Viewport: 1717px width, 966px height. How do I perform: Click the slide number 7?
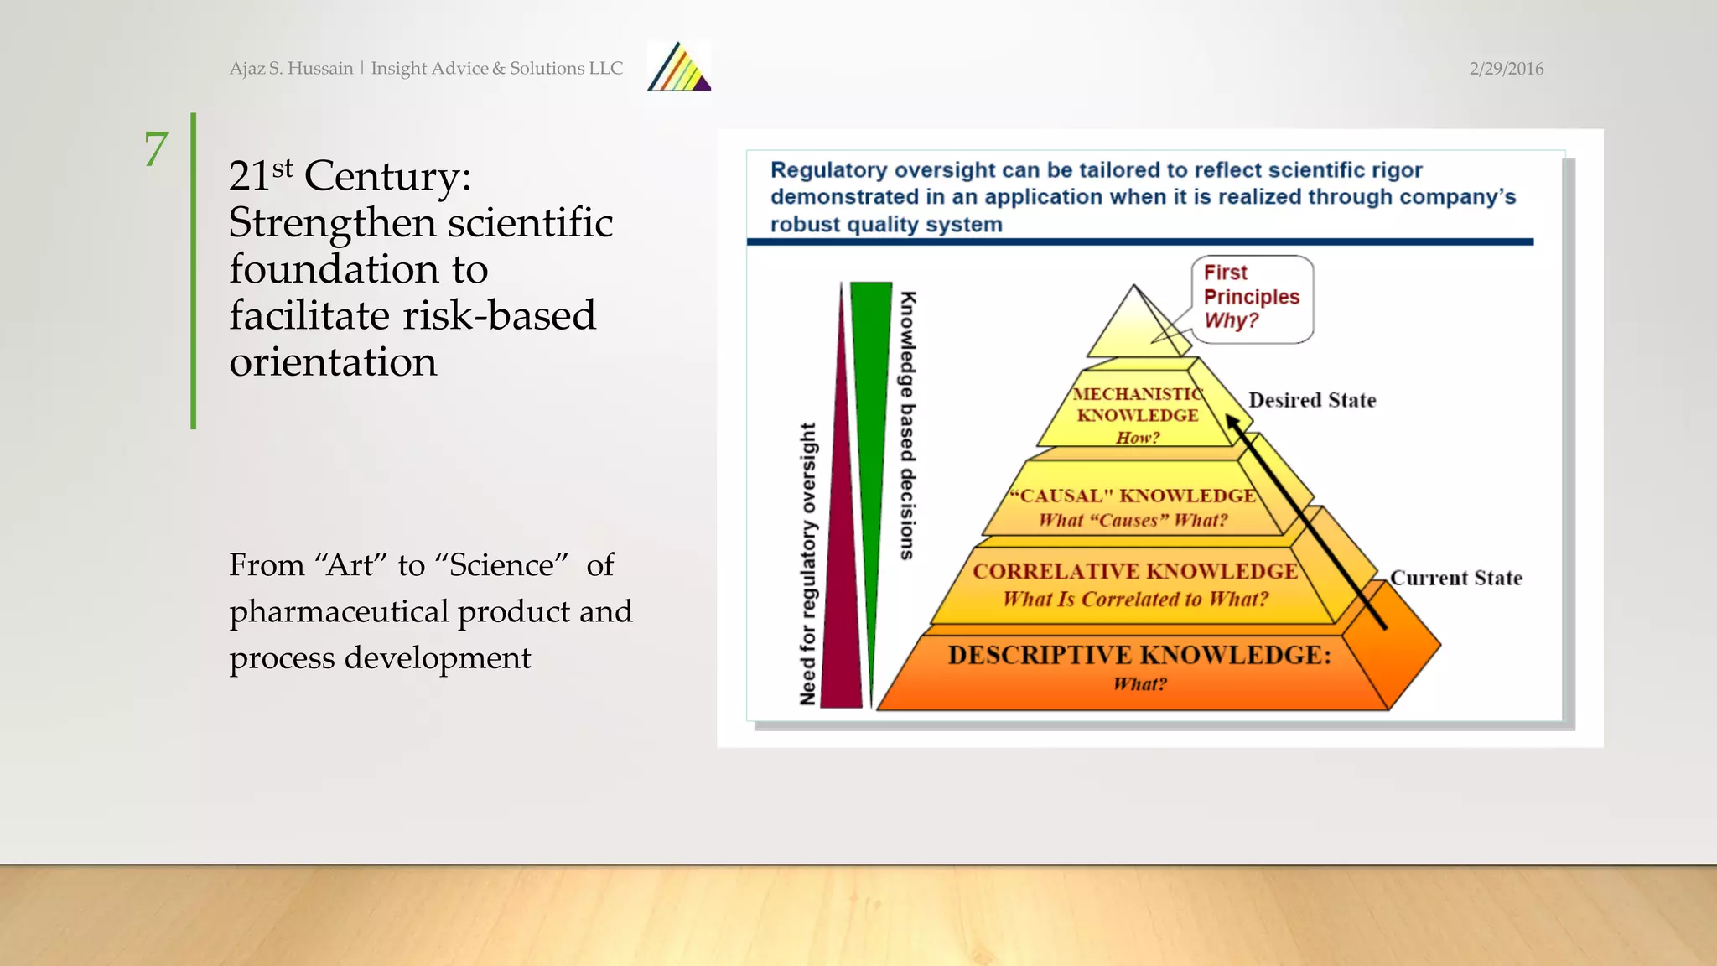(156, 149)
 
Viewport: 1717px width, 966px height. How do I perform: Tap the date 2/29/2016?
(1506, 69)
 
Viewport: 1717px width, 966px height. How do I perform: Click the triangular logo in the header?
(679, 67)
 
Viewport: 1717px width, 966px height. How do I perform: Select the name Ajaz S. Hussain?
(291, 69)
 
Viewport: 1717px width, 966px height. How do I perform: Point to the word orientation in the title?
(333, 362)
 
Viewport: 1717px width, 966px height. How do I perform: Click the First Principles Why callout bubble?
(1251, 298)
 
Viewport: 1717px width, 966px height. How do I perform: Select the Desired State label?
(1311, 400)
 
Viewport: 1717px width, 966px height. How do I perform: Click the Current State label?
(1455, 578)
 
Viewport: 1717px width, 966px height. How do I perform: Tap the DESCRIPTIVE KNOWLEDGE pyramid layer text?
(1139, 655)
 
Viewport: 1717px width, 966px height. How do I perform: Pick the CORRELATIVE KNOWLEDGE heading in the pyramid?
(1134, 571)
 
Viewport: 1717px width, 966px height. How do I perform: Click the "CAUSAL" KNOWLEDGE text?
(1133, 496)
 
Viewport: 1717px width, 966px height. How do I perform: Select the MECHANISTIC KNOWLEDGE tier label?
(1137, 404)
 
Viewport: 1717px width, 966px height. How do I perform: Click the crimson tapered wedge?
(842, 587)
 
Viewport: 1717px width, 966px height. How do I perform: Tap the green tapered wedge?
(870, 419)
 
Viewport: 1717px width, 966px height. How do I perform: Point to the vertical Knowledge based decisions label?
(907, 425)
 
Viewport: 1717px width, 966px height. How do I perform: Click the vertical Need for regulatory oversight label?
(807, 563)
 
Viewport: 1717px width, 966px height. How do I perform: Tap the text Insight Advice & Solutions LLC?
(496, 69)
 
